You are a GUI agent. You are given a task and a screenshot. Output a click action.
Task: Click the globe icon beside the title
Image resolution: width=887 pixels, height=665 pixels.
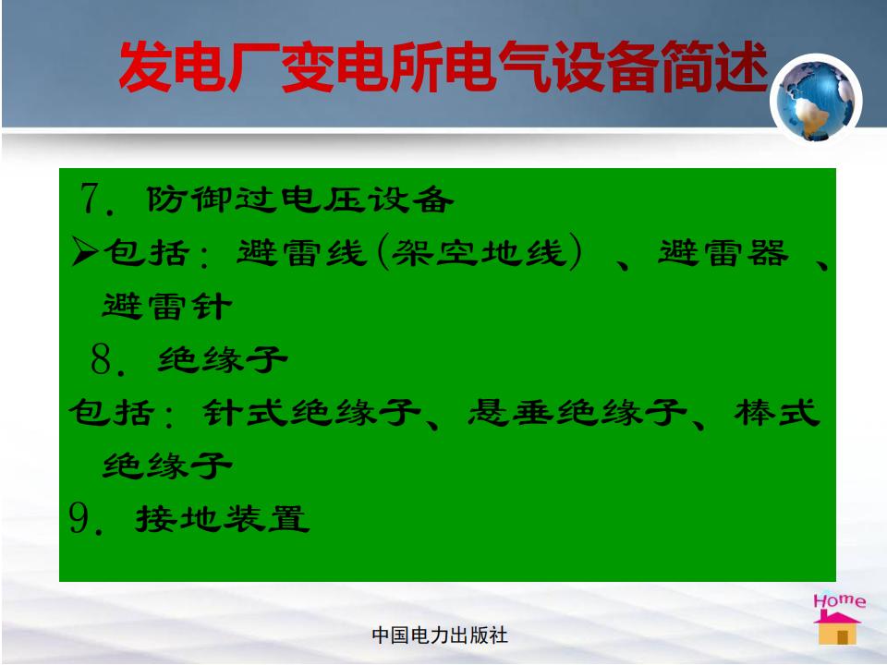pos(816,100)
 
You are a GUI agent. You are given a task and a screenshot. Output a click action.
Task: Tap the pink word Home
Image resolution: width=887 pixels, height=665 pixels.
pos(839,600)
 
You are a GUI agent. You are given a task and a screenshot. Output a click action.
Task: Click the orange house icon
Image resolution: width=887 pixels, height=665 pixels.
pos(837,628)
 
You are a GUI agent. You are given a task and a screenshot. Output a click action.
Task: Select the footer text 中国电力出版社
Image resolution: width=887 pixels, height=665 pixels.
pos(440,635)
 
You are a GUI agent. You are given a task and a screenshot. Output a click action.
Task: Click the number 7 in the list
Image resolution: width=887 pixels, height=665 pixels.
pos(90,199)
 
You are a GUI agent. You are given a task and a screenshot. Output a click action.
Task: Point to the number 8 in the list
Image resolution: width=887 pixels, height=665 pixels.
pos(102,358)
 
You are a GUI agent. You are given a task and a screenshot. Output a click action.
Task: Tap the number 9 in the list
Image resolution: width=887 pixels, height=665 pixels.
pos(79,518)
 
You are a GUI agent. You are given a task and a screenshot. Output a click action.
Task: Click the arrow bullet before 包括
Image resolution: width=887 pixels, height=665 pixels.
pos(85,251)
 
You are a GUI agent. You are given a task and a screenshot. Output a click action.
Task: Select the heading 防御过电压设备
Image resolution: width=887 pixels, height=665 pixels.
pos(299,199)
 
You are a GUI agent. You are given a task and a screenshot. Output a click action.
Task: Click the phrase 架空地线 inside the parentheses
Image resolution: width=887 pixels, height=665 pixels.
pos(480,252)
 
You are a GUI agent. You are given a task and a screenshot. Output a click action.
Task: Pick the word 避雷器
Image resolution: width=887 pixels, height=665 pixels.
pos(723,252)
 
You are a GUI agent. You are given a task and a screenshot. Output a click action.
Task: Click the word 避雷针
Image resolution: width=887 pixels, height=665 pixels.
pos(167,306)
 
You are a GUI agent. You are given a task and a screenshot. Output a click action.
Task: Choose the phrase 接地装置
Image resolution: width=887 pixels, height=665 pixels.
pos(223,518)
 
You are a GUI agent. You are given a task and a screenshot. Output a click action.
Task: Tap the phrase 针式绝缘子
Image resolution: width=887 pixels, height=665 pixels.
pos(311,412)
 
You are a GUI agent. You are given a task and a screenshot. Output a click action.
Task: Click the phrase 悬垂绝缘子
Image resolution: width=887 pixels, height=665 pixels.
pos(577,412)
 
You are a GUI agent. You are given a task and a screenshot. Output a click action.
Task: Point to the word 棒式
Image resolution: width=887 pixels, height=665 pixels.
pos(777,412)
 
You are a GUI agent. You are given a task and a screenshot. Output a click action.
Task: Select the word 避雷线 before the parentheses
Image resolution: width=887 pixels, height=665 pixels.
pos(302,252)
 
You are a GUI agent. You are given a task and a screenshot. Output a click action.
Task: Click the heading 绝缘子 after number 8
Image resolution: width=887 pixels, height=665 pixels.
pos(223,359)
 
